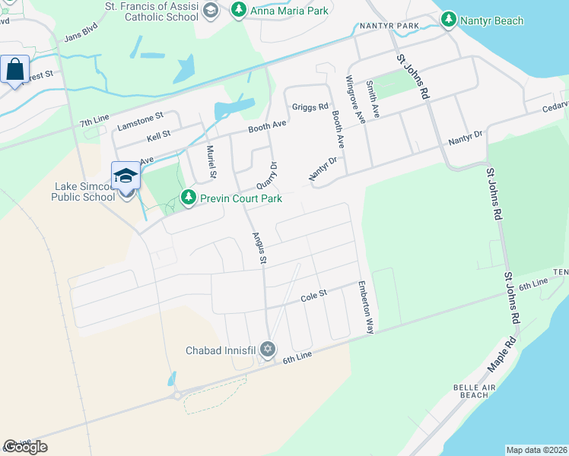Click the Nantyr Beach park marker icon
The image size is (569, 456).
click(449, 20)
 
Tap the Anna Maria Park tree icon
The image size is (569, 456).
click(239, 10)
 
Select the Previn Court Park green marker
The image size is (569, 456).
click(188, 198)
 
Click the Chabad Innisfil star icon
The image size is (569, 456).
click(267, 350)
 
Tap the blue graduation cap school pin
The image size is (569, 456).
click(126, 176)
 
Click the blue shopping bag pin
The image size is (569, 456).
click(14, 70)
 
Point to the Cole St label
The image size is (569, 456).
click(313, 293)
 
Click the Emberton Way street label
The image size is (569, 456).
click(366, 308)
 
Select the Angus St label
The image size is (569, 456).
click(258, 249)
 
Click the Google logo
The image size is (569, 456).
click(25, 447)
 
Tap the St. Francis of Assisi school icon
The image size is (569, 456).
click(211, 11)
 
